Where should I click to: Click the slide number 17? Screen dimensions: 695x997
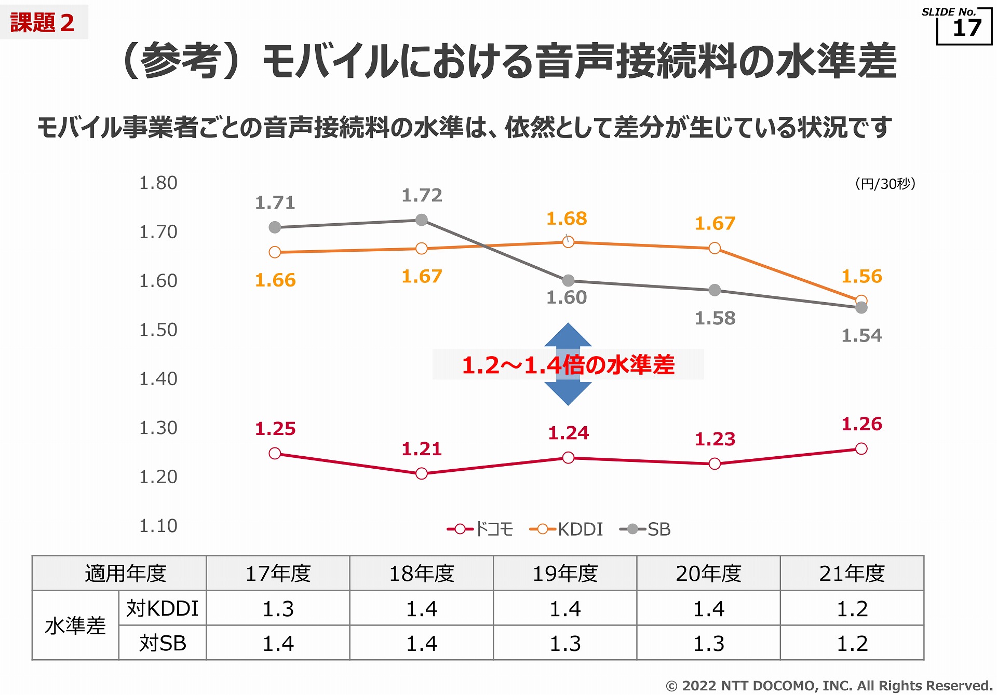click(967, 28)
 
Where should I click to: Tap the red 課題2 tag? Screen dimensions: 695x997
click(43, 23)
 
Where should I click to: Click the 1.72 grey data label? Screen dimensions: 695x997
click(422, 196)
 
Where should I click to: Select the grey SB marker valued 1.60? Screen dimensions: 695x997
click(568, 281)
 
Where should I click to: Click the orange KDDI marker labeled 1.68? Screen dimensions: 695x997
click(568, 242)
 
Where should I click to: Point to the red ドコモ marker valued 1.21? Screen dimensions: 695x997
click(422, 473)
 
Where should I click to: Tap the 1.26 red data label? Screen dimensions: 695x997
click(861, 424)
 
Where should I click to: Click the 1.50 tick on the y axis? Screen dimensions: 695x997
click(158, 330)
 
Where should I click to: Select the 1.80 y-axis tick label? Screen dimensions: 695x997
click(158, 183)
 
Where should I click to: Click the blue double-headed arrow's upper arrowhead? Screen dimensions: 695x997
click(568, 335)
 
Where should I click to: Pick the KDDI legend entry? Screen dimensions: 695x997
click(567, 529)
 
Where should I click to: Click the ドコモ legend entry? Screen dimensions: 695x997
click(480, 529)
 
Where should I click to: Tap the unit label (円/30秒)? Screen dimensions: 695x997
click(885, 184)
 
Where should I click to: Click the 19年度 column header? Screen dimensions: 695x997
click(565, 574)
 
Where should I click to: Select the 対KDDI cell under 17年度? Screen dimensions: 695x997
click(278, 608)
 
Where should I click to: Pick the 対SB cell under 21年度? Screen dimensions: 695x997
click(852, 644)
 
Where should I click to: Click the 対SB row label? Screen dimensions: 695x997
click(163, 644)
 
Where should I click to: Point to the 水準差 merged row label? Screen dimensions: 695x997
click(75, 626)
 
